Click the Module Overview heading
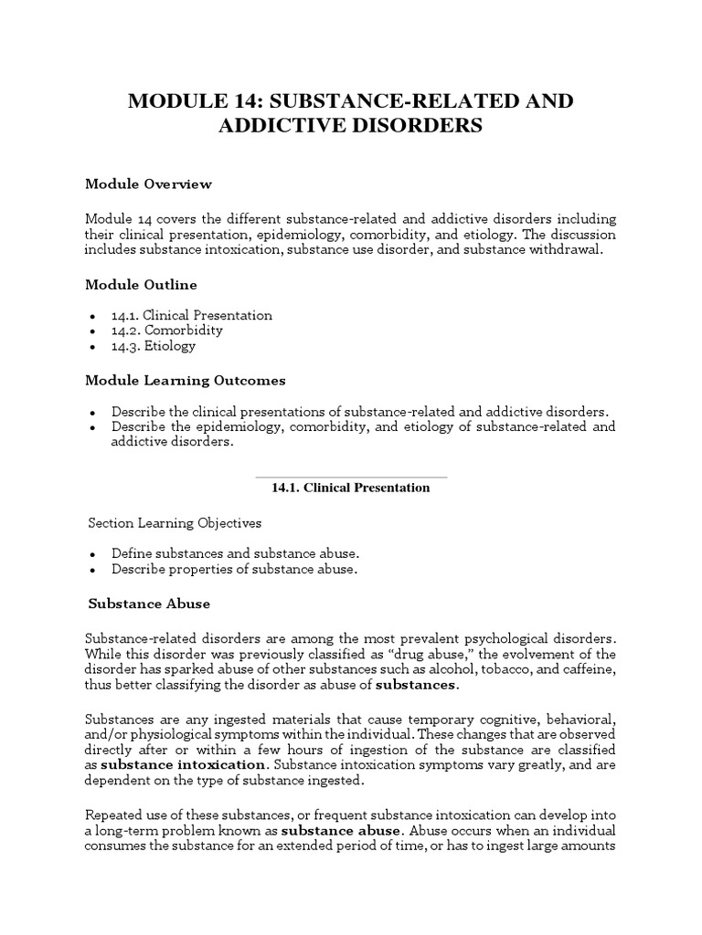[148, 184]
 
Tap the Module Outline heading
[141, 284]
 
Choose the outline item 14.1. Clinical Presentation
[192, 315]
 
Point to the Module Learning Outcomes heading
[186, 379]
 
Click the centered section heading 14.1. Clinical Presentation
[351, 488]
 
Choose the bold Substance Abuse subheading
[149, 604]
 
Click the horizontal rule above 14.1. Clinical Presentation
[351, 477]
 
